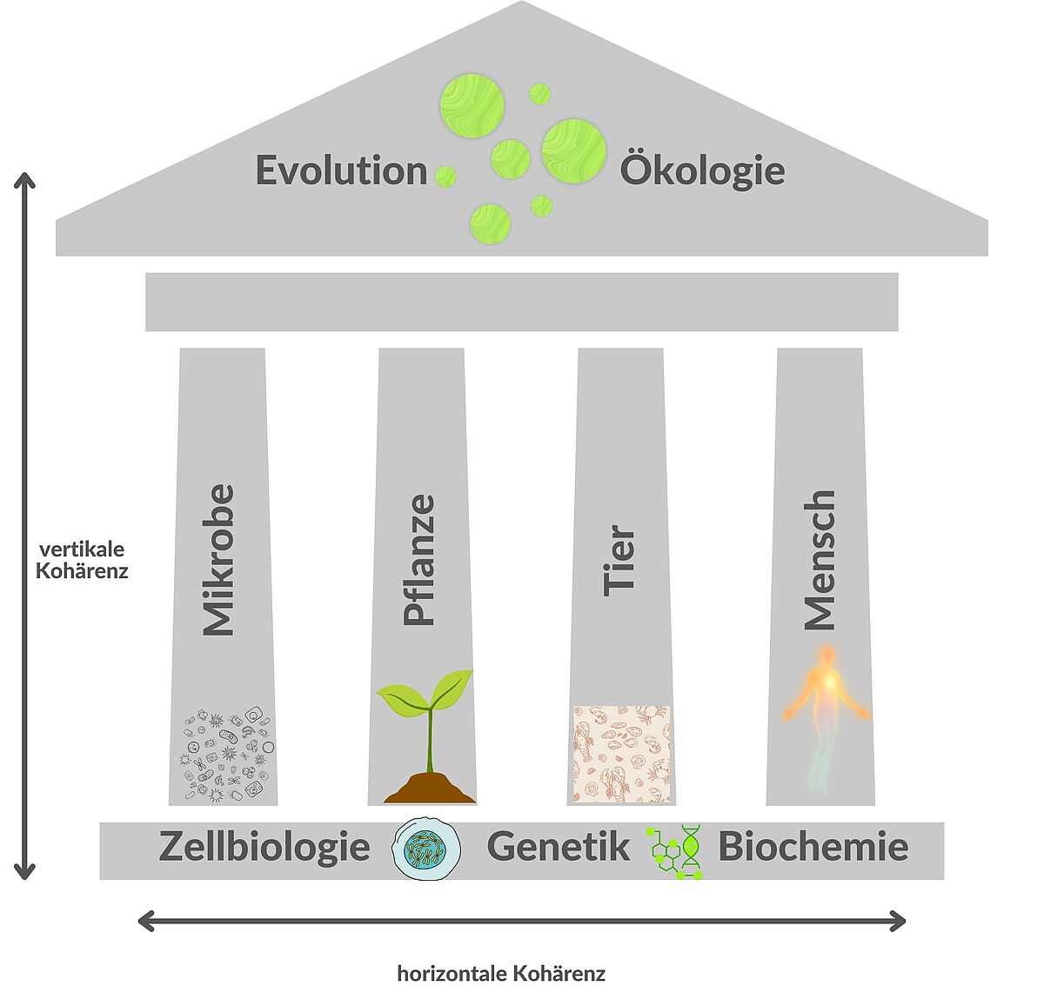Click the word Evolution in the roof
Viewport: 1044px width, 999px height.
[341, 170]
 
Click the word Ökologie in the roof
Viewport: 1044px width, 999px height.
[702, 170]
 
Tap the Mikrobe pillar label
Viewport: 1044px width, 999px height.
[218, 560]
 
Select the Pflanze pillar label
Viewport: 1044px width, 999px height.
[419, 560]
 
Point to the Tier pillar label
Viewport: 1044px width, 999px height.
[619, 560]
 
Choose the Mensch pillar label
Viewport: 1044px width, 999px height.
[820, 560]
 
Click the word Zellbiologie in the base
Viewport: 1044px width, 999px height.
[264, 847]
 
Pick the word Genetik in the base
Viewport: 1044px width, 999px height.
[558, 847]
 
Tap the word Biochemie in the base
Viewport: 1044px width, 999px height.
[813, 847]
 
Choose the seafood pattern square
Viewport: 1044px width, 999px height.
[621, 754]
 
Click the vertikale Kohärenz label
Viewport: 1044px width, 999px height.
[82, 560]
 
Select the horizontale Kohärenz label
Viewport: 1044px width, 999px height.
[501, 974]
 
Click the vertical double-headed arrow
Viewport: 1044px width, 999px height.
[25, 526]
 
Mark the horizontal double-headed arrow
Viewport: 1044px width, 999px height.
[522, 921]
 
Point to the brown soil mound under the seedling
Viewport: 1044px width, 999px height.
[430, 789]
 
